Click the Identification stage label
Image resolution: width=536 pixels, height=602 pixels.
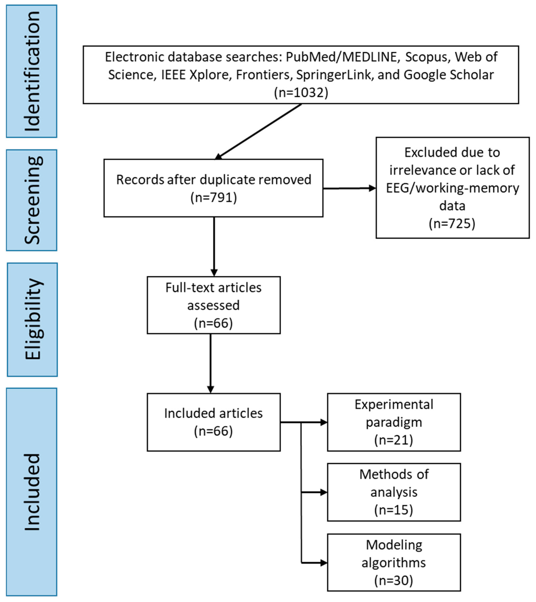(32, 71)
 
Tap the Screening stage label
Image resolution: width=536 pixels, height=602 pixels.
(32, 200)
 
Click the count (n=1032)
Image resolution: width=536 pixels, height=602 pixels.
(301, 93)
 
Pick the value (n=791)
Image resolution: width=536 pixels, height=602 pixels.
(214, 197)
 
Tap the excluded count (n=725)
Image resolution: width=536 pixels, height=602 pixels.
(452, 224)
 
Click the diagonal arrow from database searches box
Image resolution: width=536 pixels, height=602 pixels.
(259, 131)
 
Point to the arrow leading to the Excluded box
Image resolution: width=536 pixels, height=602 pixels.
(349, 188)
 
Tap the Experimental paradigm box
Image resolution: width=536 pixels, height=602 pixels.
(394, 422)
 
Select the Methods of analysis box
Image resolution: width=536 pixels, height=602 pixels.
(394, 492)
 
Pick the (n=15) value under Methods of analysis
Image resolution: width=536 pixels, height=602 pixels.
(394, 510)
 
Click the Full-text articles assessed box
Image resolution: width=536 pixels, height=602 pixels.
(214, 305)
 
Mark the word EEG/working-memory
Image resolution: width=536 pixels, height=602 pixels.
(452, 188)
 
